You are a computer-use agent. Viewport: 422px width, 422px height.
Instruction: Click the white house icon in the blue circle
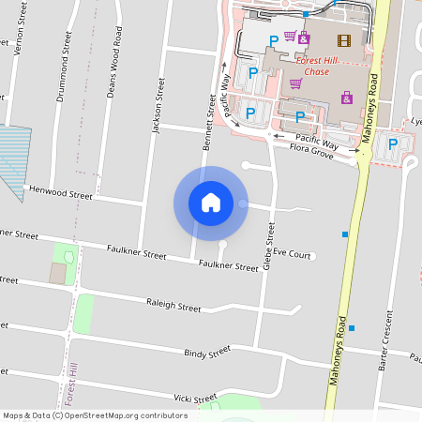pos(211,203)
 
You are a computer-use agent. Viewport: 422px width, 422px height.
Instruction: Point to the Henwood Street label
pos(61,193)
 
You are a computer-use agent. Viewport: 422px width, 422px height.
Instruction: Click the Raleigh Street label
pos(173,307)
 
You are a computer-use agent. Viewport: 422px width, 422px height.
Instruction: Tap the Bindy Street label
pos(207,353)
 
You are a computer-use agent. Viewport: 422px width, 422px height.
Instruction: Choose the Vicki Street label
pos(193,399)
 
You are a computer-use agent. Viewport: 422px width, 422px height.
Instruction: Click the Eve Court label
pos(294,254)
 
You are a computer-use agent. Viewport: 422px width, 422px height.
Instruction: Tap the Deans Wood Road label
pos(114,67)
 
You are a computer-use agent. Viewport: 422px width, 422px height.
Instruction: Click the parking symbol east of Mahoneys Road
pos(393,143)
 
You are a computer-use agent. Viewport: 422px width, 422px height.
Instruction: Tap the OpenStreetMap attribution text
pos(95,414)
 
